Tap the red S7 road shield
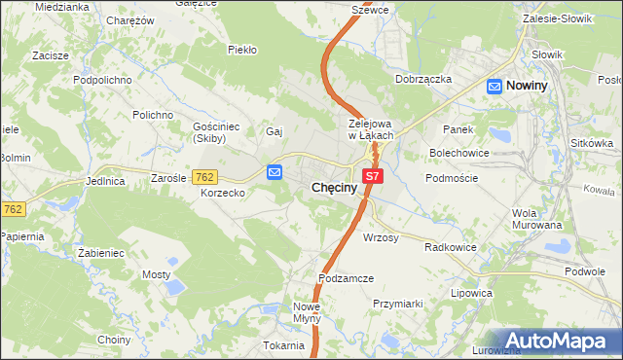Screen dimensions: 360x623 374,176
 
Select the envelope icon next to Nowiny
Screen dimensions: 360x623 495,86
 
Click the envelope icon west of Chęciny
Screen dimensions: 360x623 275,172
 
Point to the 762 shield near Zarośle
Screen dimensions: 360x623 204,176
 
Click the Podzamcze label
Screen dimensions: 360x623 346,278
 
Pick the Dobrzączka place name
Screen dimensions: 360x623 423,80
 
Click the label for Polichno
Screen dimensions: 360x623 153,115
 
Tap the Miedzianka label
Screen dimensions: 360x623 61,7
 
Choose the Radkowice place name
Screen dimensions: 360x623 450,247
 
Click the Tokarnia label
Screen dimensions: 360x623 283,345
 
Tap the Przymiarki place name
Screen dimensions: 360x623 397,304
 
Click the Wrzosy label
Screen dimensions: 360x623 381,237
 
